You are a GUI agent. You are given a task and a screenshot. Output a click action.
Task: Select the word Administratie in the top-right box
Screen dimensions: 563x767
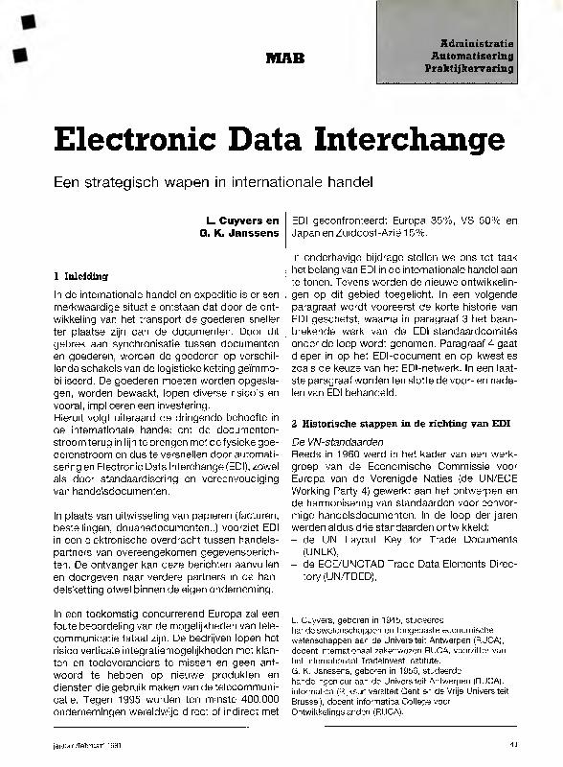(x=478, y=44)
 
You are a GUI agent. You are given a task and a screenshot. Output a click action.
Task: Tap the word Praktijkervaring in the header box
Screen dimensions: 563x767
(x=476, y=70)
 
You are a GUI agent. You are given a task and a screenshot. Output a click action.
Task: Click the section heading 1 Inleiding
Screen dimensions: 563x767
(x=81, y=277)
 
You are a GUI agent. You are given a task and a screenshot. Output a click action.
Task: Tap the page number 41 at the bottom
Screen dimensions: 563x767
(x=513, y=744)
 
